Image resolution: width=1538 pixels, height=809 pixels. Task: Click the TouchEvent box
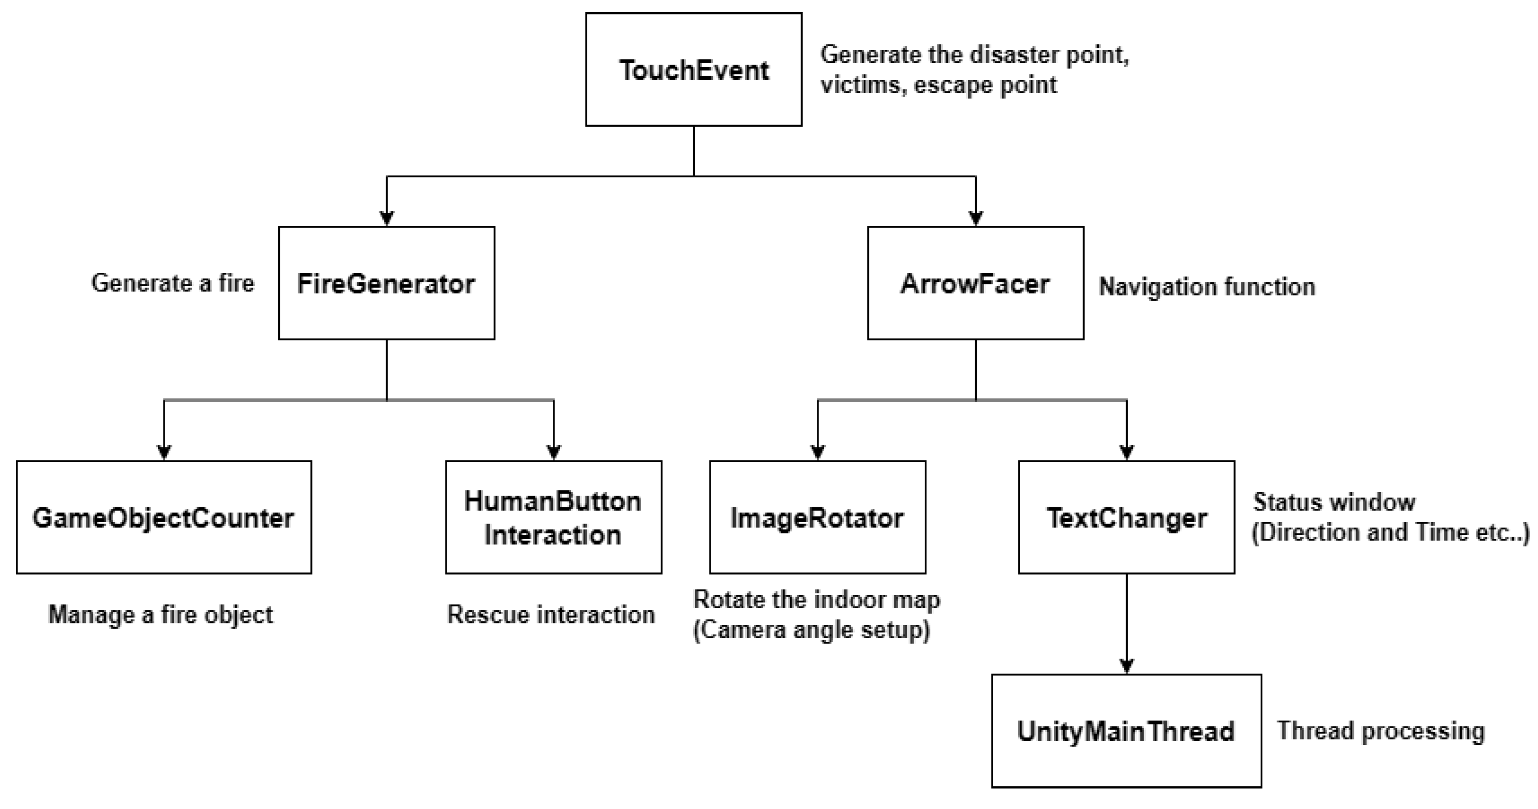[693, 70]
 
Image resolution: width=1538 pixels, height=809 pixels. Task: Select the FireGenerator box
[386, 283]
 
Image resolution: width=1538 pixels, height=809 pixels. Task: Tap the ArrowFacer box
[975, 283]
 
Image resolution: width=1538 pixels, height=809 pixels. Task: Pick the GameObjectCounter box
[164, 517]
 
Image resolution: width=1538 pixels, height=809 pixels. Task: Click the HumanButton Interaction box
[553, 517]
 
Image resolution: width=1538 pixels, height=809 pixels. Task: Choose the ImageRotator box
[817, 517]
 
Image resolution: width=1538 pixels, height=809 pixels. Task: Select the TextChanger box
[1126, 517]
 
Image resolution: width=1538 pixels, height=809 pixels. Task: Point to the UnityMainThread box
[1126, 731]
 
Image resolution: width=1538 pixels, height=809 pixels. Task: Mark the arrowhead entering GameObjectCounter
[164, 453]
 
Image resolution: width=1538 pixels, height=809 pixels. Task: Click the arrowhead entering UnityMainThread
[1127, 667]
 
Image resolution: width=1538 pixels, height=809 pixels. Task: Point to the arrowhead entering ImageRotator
[818, 453]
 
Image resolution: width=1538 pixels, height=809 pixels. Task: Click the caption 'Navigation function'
[1207, 287]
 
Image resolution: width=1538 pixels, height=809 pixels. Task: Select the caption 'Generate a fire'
[173, 283]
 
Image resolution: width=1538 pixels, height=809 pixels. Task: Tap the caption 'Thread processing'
[1380, 731]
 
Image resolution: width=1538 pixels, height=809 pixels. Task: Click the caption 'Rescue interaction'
[551, 615]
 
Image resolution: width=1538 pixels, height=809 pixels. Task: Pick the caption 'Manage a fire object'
[160, 615]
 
